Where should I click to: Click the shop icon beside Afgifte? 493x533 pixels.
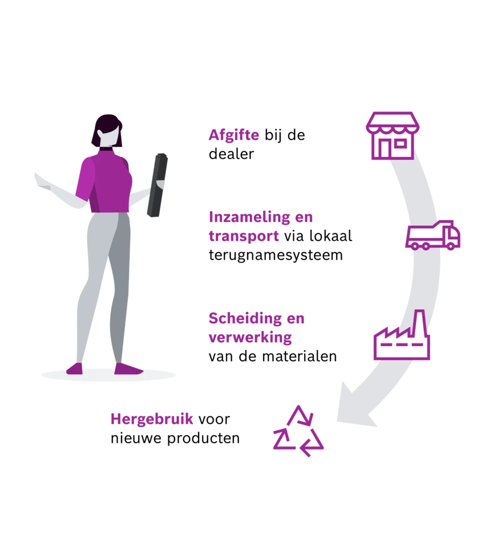[x=393, y=135]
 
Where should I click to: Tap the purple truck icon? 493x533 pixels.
[x=433, y=235]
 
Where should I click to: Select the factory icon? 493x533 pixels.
[x=402, y=335]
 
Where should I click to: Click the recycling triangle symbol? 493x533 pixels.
[x=298, y=431]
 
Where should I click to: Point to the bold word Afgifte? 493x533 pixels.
[x=234, y=135]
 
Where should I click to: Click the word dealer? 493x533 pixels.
[x=231, y=154]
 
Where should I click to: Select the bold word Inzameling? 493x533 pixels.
[x=247, y=217]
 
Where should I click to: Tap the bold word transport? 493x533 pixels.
[x=244, y=236]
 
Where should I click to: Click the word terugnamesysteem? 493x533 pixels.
[x=276, y=255]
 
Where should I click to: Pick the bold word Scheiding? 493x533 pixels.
[x=245, y=319]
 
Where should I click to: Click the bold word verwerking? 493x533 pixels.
[x=250, y=338]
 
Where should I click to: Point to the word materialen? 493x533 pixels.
[x=300, y=356]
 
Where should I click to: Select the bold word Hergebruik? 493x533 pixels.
[x=152, y=419]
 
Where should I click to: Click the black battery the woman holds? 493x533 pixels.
[x=157, y=185]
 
